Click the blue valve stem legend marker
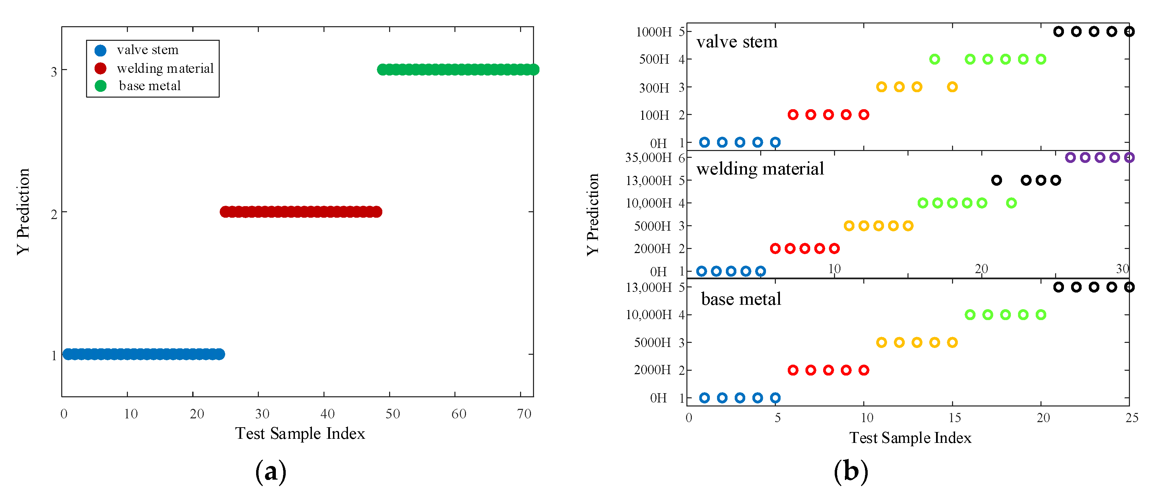[x=100, y=50]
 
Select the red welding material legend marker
[x=100, y=68]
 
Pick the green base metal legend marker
[x=100, y=86]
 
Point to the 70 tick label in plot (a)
[x=524, y=414]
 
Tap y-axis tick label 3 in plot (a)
[x=54, y=71]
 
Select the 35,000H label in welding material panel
[x=648, y=157]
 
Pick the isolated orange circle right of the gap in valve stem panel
[x=952, y=87]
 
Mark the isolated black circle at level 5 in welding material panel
[x=997, y=180]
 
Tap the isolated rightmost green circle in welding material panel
[x=1012, y=203]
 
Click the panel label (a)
[x=270, y=472]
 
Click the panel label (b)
[x=851, y=472]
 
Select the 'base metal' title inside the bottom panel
[x=741, y=299]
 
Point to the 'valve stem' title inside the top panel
[x=737, y=42]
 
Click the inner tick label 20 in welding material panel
[x=981, y=269]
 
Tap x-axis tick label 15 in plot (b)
[x=954, y=418]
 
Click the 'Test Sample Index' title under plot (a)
[x=300, y=433]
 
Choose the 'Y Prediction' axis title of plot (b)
[x=593, y=214]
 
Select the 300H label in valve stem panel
[x=654, y=88]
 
